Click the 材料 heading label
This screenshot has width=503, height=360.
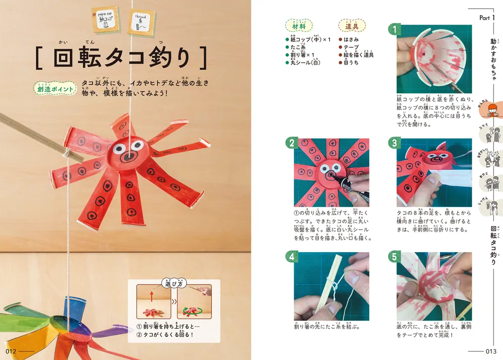pos(298,25)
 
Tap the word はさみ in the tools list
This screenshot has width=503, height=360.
pos(352,39)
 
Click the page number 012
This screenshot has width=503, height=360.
pos(12,351)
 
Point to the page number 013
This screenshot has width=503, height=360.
pos(491,351)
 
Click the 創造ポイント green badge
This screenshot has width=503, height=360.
pos(54,87)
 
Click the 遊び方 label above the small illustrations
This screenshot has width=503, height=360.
pos(172,284)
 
